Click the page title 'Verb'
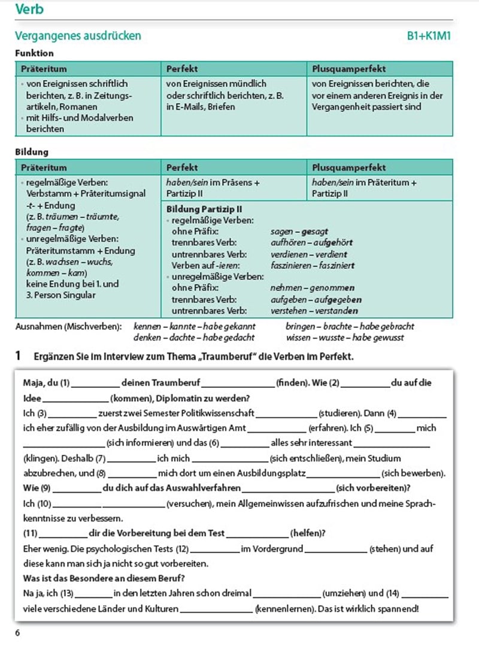click(29, 10)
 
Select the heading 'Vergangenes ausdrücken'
click(78, 36)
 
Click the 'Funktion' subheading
click(34, 53)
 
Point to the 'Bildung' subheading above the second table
click(32, 152)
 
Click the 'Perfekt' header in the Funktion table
click(182, 69)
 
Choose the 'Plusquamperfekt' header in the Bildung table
click(349, 168)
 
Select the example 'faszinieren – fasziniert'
click(313, 265)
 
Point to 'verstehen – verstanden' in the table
click(314, 311)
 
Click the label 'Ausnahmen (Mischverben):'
click(68, 327)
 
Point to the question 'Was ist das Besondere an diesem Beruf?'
click(103, 578)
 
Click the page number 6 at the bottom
click(18, 633)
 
